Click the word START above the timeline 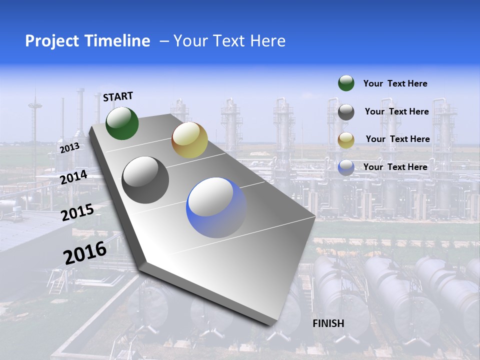point(118,96)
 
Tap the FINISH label point(328,323)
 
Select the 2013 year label point(69,148)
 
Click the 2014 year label point(73,177)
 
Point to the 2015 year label point(77,212)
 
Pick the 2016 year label point(85,252)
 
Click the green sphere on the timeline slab point(122,123)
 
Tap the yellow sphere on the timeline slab point(189,139)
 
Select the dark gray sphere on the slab point(145,180)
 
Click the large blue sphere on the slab point(216,207)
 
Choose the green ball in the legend point(346,83)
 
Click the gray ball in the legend point(346,112)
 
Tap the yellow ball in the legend point(346,140)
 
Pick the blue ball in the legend point(346,167)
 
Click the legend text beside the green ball point(395,83)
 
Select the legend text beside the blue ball point(395,167)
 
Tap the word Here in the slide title point(267,41)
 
